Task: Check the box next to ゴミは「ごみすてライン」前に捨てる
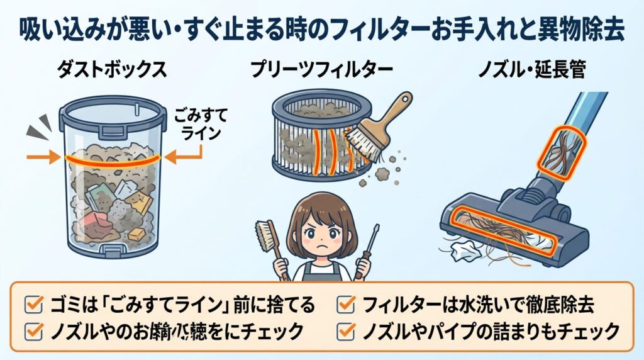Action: [31, 306]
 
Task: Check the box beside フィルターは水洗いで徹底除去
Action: [345, 306]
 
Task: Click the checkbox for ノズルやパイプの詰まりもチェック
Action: [345, 330]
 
